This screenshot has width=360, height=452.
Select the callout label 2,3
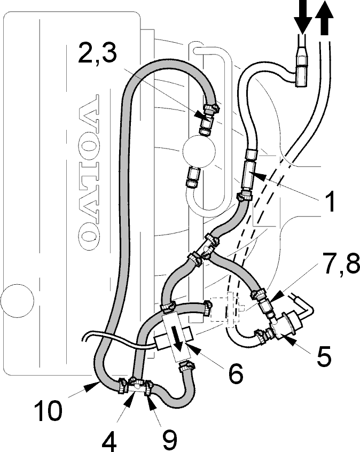(x=97, y=53)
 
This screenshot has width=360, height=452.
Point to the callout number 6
(x=235, y=373)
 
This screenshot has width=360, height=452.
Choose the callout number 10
(x=48, y=410)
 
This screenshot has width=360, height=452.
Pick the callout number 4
(x=109, y=441)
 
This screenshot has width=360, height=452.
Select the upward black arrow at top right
(x=325, y=18)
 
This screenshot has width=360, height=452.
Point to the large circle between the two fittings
(x=199, y=151)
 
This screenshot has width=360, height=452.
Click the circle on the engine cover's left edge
(x=17, y=300)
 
